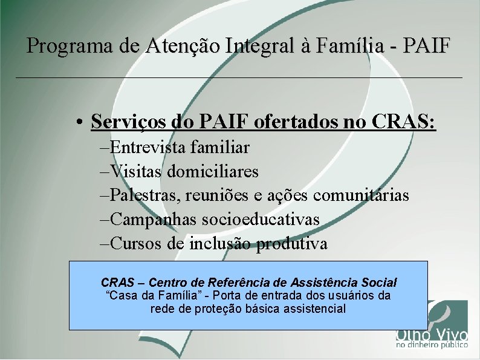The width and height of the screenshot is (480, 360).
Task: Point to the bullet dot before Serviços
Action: pyautogui.click(x=80, y=123)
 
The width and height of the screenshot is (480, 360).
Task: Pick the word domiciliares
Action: pyautogui.click(x=213, y=172)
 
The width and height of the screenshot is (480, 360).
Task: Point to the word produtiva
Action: pyautogui.click(x=292, y=244)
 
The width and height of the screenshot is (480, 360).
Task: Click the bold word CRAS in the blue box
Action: pyautogui.click(x=118, y=283)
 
